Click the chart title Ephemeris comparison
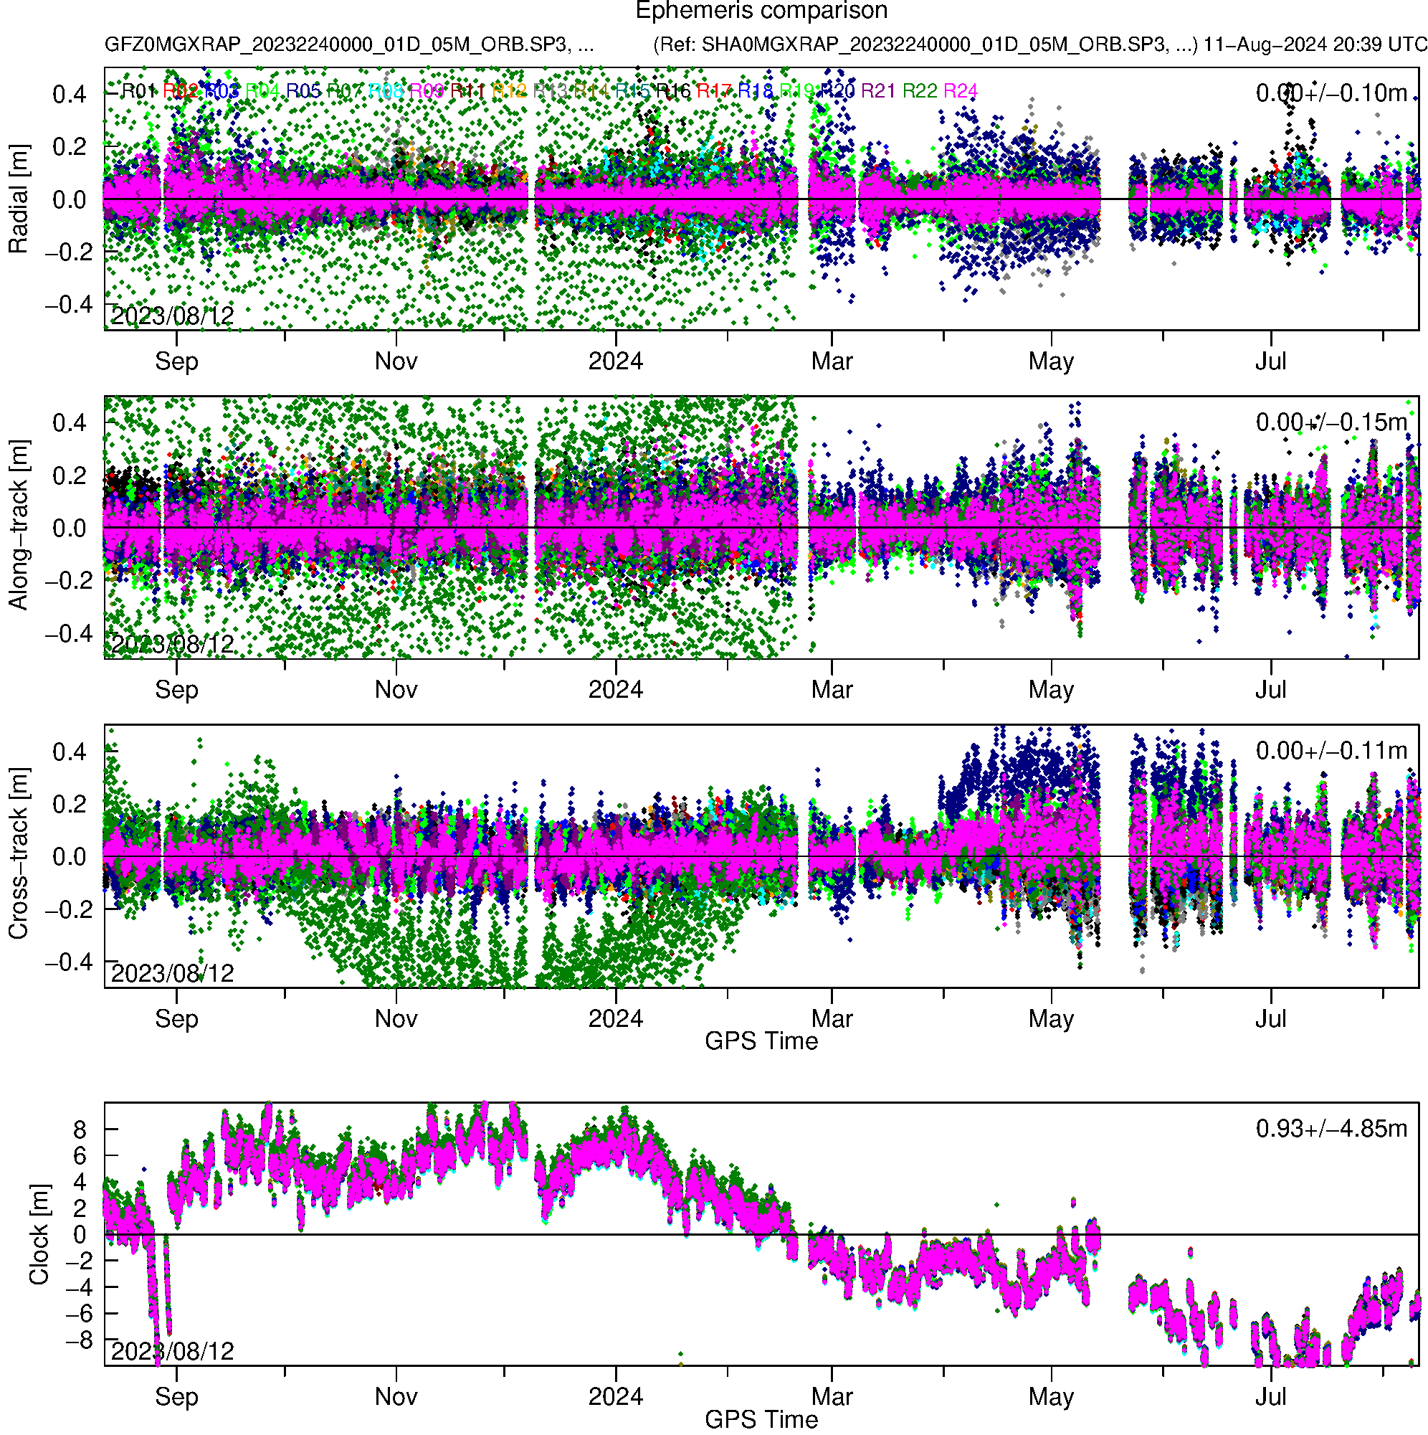pyautogui.click(x=761, y=11)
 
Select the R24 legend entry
pyautogui.click(x=959, y=91)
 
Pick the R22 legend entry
pyautogui.click(x=919, y=91)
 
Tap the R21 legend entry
pyautogui.click(x=877, y=91)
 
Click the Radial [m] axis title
pyautogui.click(x=19, y=199)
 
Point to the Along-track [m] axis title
pyautogui.click(x=19, y=526)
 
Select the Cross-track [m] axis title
pyautogui.click(x=19, y=854)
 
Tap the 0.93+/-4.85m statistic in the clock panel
pyautogui.click(x=1331, y=1129)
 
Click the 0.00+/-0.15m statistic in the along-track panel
pyautogui.click(x=1331, y=422)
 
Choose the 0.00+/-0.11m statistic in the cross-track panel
pyautogui.click(x=1331, y=751)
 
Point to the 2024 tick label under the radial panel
pyautogui.click(x=616, y=361)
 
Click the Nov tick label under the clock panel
pyautogui.click(x=396, y=1397)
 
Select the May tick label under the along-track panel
pyautogui.click(x=1051, y=690)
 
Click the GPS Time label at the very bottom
pyautogui.click(x=761, y=1420)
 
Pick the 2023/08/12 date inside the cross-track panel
pyautogui.click(x=172, y=973)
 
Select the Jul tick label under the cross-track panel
pyautogui.click(x=1270, y=1019)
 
